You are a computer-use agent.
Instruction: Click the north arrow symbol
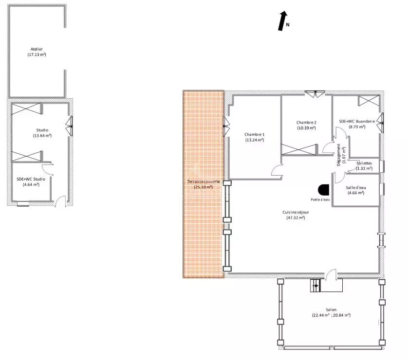click(282, 21)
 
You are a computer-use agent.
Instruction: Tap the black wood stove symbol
click(323, 190)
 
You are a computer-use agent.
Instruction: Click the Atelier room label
click(37, 49)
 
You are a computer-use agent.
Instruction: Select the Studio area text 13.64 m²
click(42, 135)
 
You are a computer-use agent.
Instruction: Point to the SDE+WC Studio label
click(31, 179)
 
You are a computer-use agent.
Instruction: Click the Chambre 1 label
click(255, 134)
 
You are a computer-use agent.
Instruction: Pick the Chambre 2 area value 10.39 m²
click(306, 128)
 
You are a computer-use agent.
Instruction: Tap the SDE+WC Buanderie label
click(357, 121)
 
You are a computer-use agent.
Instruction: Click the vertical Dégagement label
click(338, 155)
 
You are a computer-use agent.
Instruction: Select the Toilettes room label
click(364, 163)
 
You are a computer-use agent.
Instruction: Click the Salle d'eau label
click(356, 187)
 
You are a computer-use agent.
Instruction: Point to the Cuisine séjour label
click(296, 212)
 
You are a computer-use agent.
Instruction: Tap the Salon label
click(331, 309)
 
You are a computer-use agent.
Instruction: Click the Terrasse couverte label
click(204, 181)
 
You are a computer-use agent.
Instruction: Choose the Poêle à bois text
click(320, 199)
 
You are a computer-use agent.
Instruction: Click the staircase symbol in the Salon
click(315, 286)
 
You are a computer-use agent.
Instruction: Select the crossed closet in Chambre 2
click(299, 150)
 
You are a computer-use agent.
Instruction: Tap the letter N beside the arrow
click(288, 25)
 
